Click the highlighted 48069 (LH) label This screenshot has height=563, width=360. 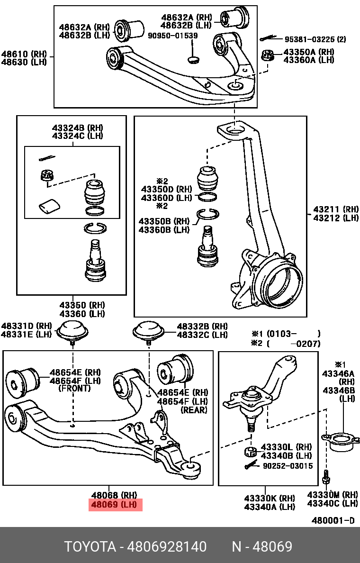pyautogui.click(x=116, y=505)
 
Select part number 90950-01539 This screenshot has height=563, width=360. pyautogui.click(x=173, y=36)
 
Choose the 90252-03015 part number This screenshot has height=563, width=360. pyautogui.click(x=288, y=466)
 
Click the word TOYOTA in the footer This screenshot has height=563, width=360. pyautogui.click(x=90, y=547)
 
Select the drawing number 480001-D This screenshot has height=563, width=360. pyautogui.click(x=333, y=520)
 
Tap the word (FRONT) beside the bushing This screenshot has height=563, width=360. pyautogui.click(x=74, y=389)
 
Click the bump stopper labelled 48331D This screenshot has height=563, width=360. pyautogui.click(x=73, y=330)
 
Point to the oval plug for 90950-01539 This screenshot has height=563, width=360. pyautogui.click(x=193, y=59)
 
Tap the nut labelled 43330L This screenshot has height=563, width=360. pyautogui.click(x=251, y=451)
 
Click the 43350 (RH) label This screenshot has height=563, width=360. pyautogui.click(x=81, y=305)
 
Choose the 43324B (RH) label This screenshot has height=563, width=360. pyautogui.click(x=77, y=128)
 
